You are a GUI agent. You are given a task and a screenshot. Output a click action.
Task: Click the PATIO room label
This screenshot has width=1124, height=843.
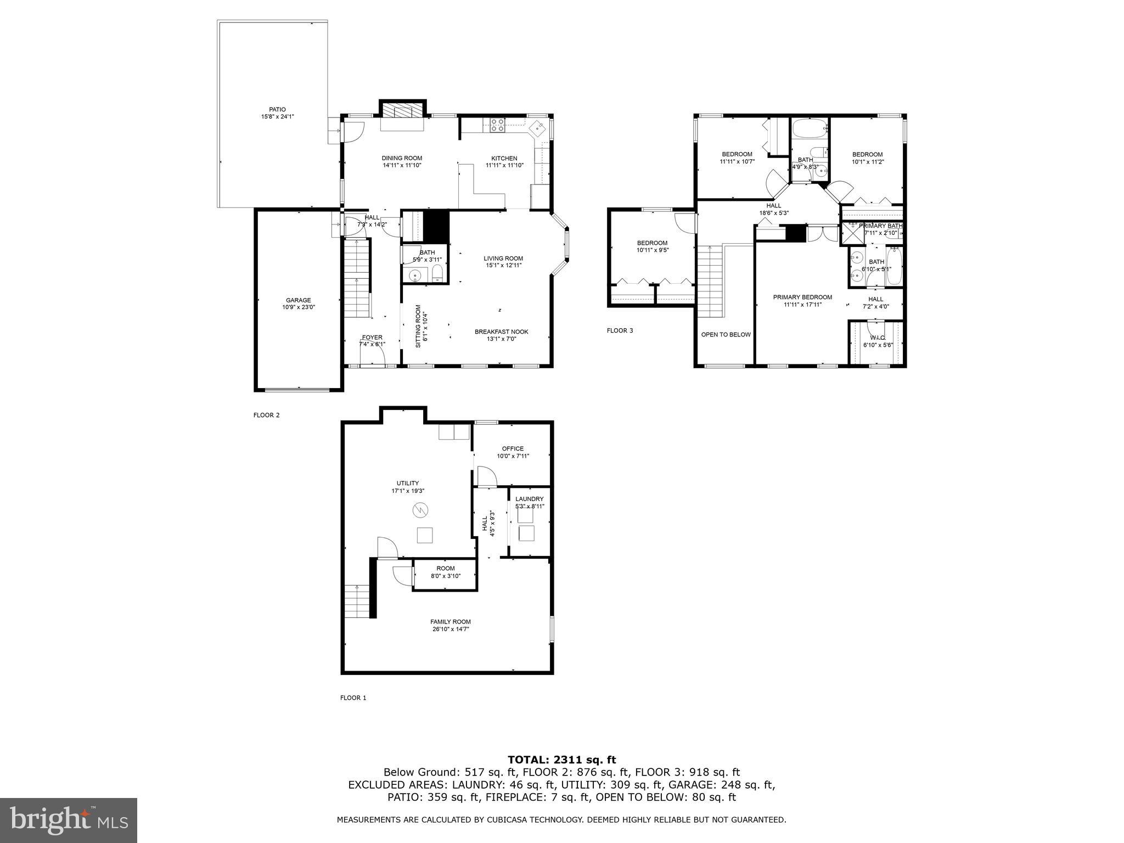point(277,109)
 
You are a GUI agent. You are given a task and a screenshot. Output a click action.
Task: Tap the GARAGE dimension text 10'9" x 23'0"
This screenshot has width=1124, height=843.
point(298,307)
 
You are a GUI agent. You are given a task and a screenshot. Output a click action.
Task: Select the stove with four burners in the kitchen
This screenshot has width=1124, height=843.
point(498,126)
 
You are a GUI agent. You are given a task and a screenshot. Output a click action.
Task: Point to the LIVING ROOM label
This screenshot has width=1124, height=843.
point(503,258)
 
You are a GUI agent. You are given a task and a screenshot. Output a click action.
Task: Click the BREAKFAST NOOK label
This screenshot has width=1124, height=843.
point(501,331)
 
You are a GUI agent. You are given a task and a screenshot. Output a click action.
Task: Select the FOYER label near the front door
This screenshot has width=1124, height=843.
point(372,338)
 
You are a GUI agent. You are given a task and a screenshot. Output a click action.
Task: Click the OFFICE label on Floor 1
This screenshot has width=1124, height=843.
point(513,448)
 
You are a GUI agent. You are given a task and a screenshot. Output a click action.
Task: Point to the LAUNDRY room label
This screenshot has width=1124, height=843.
point(529,499)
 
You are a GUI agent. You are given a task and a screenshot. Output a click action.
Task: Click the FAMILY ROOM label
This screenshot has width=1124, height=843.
point(450,622)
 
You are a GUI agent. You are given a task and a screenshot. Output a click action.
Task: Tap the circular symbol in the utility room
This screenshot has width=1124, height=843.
point(419,510)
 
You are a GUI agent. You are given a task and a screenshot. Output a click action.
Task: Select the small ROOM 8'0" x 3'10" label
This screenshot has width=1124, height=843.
point(445,569)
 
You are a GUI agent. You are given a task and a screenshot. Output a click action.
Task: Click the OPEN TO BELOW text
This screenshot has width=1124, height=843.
point(726,334)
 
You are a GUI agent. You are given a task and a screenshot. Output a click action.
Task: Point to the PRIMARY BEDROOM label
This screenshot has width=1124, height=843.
point(802,297)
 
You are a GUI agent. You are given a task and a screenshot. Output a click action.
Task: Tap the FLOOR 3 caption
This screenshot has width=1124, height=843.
point(620,330)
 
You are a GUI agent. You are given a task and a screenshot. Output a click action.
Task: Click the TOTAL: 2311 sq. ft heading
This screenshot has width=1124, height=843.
point(561,760)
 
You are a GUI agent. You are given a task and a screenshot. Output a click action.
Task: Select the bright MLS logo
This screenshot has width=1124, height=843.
point(69,820)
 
